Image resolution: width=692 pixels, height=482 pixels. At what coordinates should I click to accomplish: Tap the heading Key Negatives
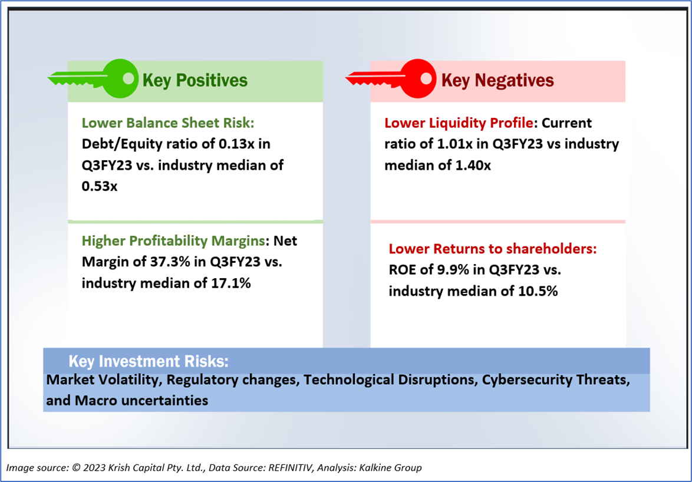coord(497,80)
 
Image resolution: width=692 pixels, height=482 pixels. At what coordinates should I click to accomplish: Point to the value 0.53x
coord(99,186)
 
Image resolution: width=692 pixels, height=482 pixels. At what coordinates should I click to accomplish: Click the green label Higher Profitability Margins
coord(174,241)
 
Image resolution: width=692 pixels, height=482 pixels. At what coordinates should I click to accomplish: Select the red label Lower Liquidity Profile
coord(459,123)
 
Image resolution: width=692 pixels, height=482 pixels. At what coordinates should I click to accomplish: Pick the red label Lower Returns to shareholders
coord(493,249)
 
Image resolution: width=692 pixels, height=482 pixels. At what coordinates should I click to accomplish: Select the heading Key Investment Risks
coord(149,361)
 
